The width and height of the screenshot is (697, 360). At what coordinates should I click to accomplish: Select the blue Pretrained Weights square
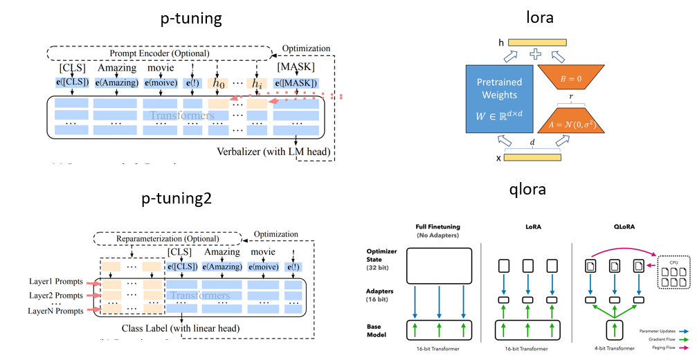(499, 99)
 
